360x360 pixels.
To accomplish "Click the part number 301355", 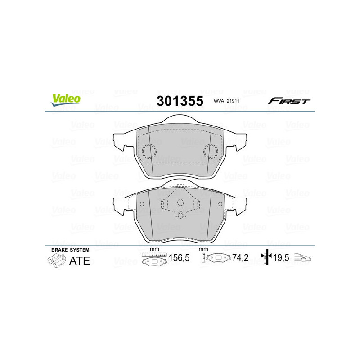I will (180, 101).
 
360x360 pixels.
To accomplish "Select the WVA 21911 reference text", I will (228, 102).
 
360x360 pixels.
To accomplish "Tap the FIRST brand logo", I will (289, 101).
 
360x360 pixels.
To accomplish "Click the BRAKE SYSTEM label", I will (70, 250).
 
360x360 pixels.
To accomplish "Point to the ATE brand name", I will (79, 261).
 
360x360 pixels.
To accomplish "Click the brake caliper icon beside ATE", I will (56, 261).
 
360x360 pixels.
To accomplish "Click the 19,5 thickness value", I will (282, 258).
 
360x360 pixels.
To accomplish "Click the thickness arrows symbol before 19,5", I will (266, 257).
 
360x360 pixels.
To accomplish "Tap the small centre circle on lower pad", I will (180, 202).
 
